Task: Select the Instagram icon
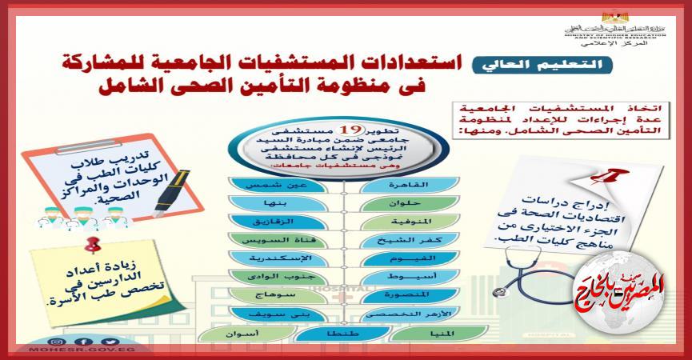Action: click(58, 341)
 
